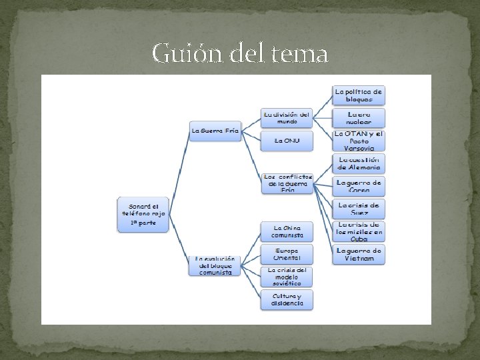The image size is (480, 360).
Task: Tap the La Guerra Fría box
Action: tap(215, 131)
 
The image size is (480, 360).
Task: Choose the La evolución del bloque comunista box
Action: tap(215, 265)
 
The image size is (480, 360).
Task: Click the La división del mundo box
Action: tap(286, 118)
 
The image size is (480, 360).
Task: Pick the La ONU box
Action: tap(286, 141)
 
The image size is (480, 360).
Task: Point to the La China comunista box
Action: tap(287, 231)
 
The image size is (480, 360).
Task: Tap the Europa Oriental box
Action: tap(287, 253)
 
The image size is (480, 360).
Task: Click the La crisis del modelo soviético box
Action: tap(287, 276)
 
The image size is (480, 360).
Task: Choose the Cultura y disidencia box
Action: tap(287, 299)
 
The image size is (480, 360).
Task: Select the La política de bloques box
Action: tap(359, 95)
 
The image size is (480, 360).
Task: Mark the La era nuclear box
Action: tap(359, 118)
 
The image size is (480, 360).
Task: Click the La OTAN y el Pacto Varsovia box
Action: tap(359, 141)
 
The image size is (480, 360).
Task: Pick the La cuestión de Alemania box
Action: tap(359, 163)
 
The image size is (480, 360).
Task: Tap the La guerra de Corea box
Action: tap(359, 185)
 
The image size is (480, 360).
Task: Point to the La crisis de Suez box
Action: tap(359, 208)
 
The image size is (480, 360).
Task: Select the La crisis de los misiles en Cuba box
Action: tap(359, 231)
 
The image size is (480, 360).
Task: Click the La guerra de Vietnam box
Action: tap(359, 254)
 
